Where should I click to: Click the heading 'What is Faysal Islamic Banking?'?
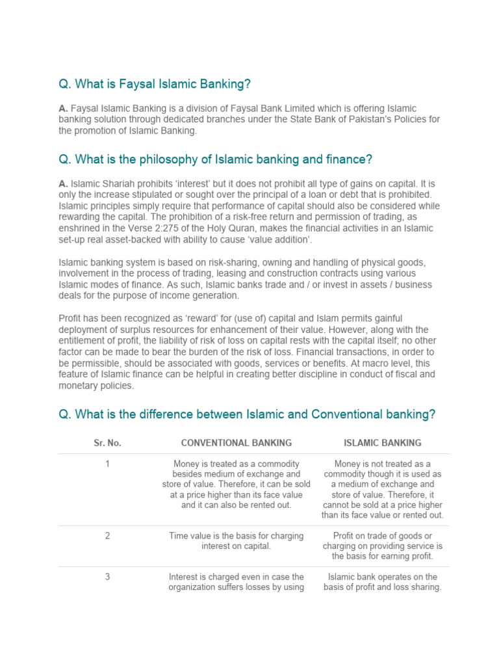(x=155, y=84)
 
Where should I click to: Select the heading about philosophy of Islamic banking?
(x=215, y=159)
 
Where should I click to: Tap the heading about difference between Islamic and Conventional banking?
(x=247, y=414)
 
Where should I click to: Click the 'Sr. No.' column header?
(x=107, y=443)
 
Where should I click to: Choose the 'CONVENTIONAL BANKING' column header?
(x=237, y=443)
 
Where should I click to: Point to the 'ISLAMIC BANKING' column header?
(x=382, y=443)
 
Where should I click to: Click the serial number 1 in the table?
(x=107, y=464)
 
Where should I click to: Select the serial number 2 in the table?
(x=107, y=536)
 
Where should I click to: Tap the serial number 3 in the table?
(x=107, y=577)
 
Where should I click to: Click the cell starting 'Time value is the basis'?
(x=237, y=541)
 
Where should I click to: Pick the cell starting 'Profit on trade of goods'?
(x=382, y=546)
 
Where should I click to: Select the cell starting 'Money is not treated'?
(x=382, y=489)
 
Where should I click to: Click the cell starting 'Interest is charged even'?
(x=237, y=582)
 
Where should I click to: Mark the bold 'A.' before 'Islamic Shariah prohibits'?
(x=63, y=184)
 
